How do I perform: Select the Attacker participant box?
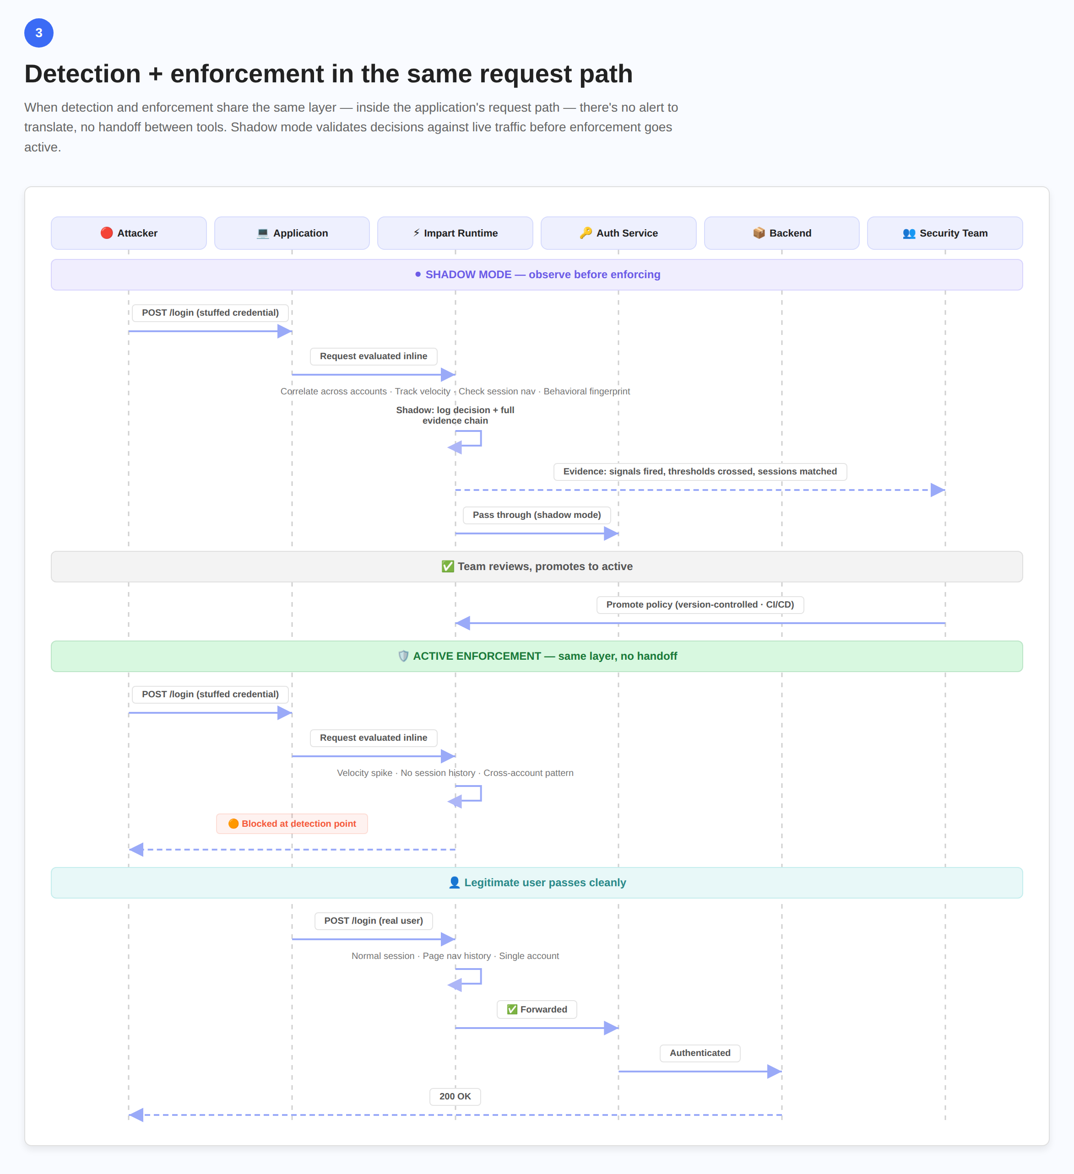[x=129, y=233]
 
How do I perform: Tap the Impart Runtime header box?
[x=455, y=233]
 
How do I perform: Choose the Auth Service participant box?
[x=618, y=233]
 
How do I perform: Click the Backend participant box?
[x=781, y=233]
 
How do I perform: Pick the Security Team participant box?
[x=944, y=233]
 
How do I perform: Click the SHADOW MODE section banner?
[x=537, y=274]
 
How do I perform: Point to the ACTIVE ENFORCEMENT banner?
[x=537, y=656]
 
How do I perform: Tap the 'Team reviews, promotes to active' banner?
[x=537, y=566]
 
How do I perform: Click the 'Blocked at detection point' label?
[x=292, y=824]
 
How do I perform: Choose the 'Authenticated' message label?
[x=700, y=1053]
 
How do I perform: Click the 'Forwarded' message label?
[x=537, y=1009]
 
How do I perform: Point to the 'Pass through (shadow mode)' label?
[x=537, y=515]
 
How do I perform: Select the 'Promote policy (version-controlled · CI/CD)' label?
[x=700, y=604]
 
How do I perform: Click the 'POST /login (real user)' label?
[x=374, y=921]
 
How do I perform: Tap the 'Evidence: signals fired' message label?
[x=700, y=471]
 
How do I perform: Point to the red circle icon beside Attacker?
[x=106, y=233]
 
